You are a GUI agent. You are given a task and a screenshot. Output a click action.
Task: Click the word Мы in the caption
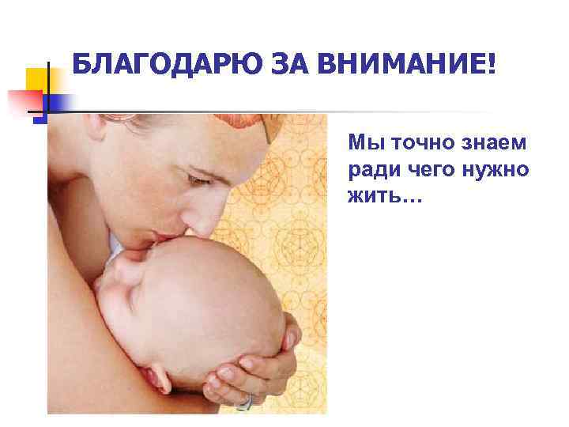point(363,145)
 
